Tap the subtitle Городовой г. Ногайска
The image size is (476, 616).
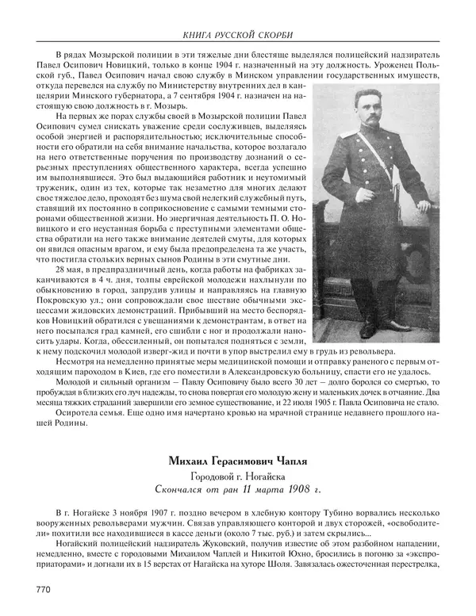click(x=238, y=476)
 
